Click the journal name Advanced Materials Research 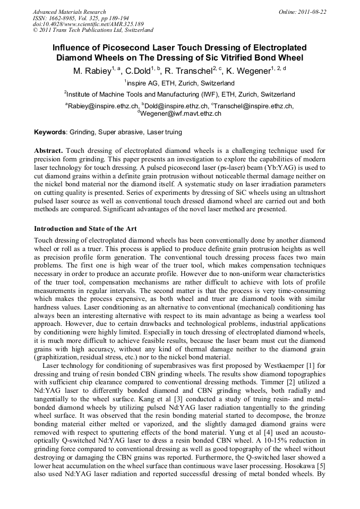70,12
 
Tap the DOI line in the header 88,24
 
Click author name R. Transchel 188,70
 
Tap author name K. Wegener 247,70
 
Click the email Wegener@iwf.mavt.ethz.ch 182,114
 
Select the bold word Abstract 48,151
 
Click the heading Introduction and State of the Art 85,229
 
